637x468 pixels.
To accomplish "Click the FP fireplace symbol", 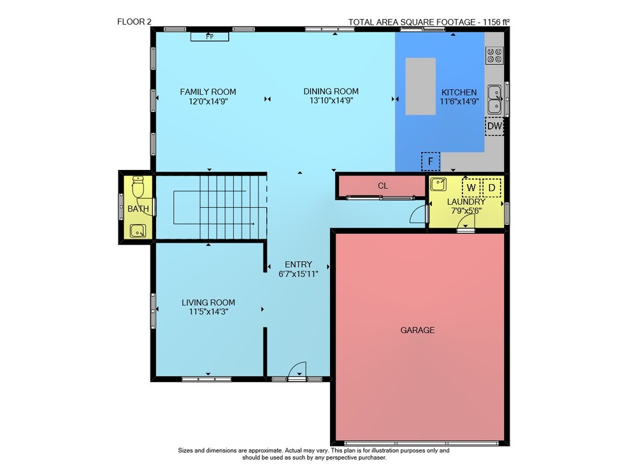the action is (x=210, y=36).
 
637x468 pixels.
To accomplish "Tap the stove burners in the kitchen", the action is (x=494, y=55).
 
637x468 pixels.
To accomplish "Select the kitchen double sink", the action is (x=494, y=99).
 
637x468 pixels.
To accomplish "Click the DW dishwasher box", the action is (x=494, y=126).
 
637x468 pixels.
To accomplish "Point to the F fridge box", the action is (x=431, y=161).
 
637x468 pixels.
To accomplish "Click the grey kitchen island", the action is (x=420, y=86).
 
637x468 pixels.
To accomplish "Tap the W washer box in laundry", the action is (x=471, y=188).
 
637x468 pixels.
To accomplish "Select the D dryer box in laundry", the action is (x=492, y=188).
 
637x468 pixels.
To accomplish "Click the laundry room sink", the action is (x=438, y=185).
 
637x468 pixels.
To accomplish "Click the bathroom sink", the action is (x=138, y=230).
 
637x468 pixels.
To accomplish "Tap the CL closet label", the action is (x=383, y=186).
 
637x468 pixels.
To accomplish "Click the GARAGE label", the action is (x=417, y=330).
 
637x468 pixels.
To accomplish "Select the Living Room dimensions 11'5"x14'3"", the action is (x=208, y=311).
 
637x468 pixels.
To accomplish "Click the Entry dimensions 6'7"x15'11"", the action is (x=298, y=274).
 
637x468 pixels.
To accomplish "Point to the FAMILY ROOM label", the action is (x=208, y=92).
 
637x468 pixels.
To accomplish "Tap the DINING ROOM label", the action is (x=331, y=92).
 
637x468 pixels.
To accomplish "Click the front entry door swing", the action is (x=297, y=369).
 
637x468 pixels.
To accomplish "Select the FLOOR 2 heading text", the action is (x=134, y=22).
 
